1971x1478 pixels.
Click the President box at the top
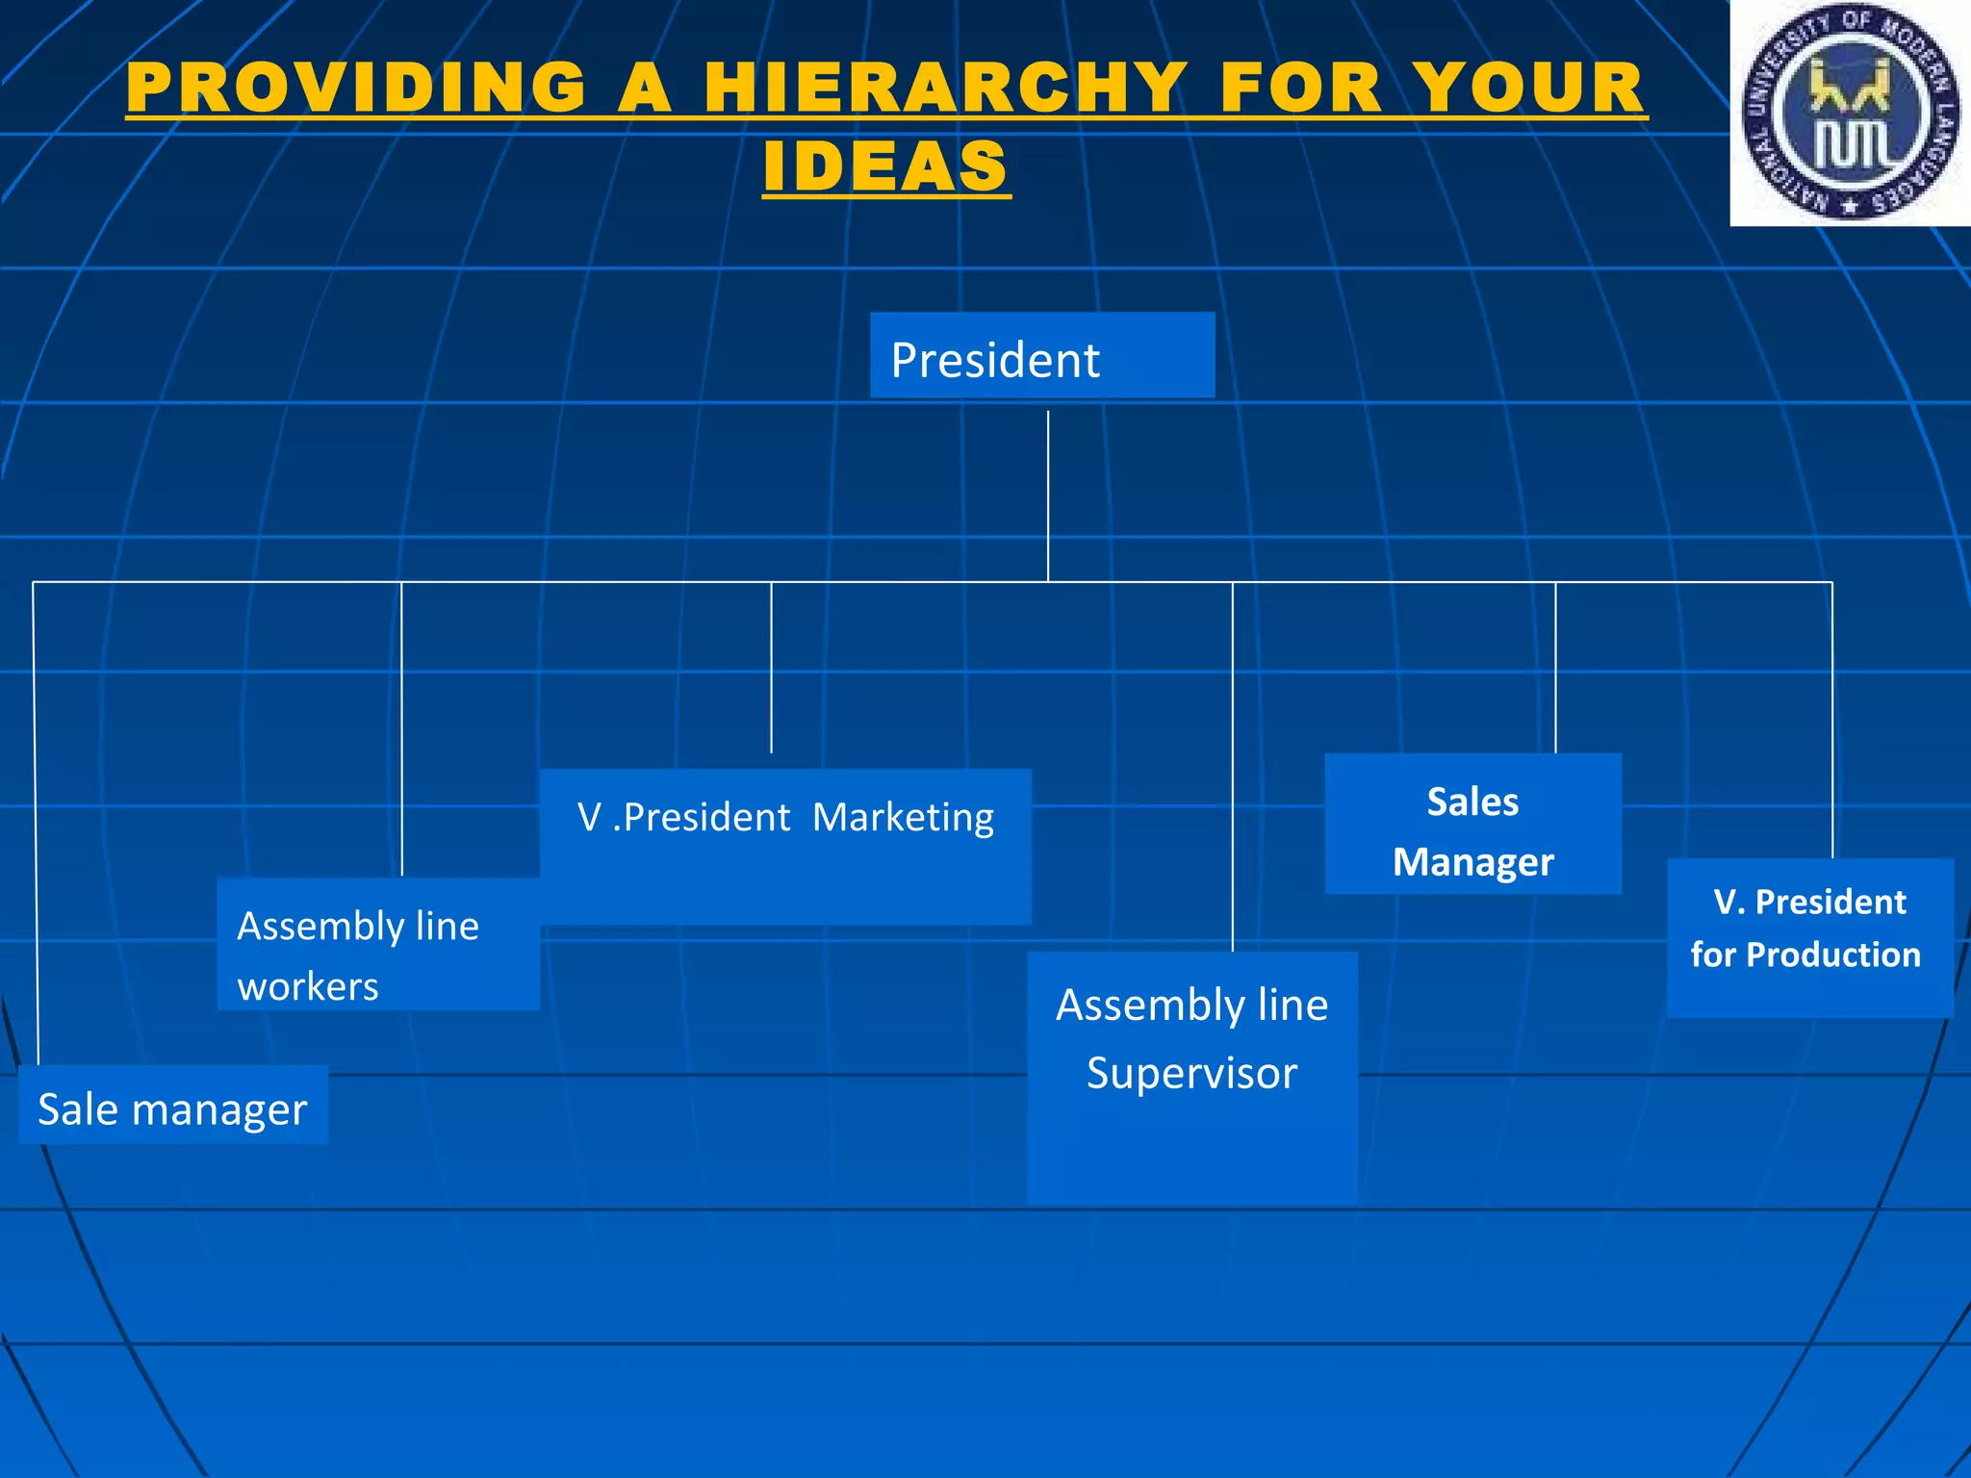pos(1041,355)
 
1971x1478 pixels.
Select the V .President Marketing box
pos(785,847)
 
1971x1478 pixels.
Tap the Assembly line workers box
pos(377,944)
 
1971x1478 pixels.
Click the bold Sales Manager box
pos(1472,825)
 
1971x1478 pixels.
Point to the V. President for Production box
pos(1809,938)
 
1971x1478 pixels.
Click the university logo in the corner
pos(1850,113)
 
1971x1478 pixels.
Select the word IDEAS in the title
pos(885,166)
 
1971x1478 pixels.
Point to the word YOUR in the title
pos(1532,89)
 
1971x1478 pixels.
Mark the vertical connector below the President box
pos(1048,496)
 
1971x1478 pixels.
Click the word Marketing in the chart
pos(903,817)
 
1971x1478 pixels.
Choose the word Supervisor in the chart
pos(1191,1073)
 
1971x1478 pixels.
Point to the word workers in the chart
pos(308,986)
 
